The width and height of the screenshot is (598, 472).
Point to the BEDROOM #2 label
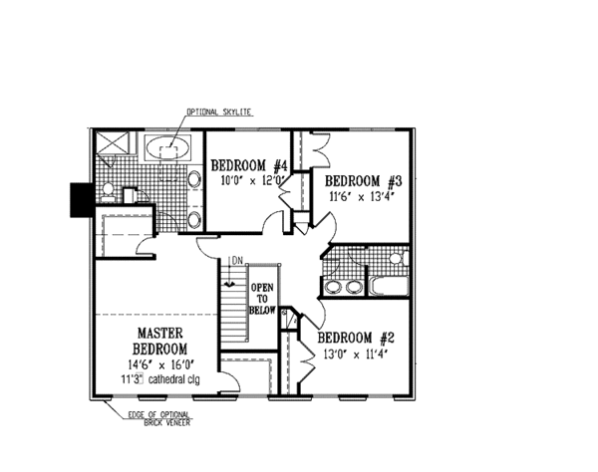point(360,338)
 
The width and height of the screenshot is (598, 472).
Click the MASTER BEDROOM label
point(158,341)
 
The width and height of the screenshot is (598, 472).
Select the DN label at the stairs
point(235,261)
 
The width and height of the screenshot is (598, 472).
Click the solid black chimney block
point(80,199)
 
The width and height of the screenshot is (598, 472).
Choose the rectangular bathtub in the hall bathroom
point(389,289)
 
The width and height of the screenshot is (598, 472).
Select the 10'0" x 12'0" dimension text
point(253,181)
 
